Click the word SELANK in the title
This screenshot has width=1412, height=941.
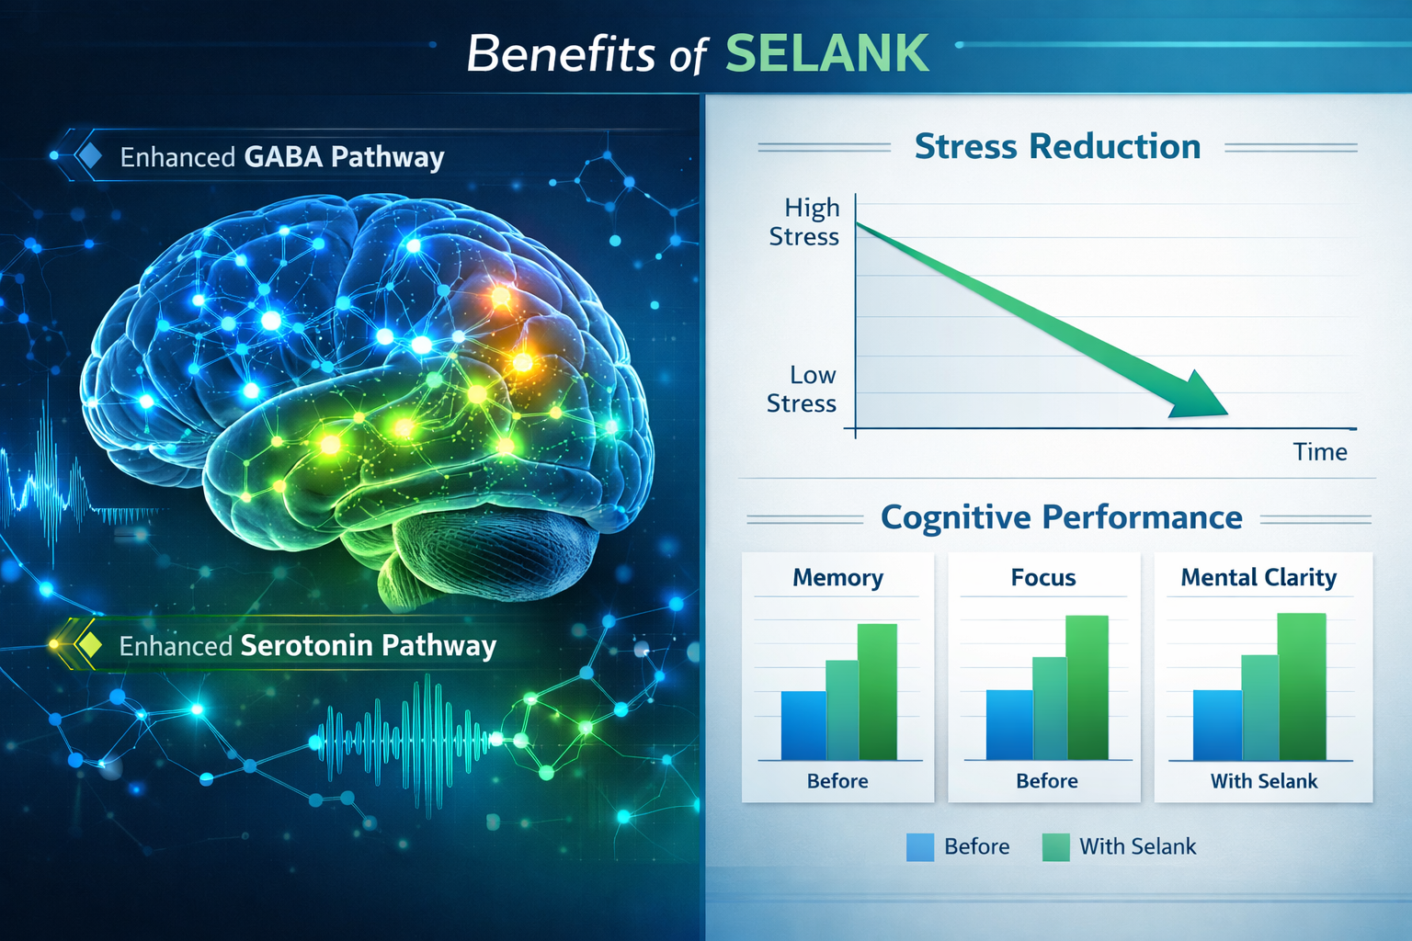click(826, 53)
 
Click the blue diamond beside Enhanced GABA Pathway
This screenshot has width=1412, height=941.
click(90, 155)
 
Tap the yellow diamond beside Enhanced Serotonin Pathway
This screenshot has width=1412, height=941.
click(90, 644)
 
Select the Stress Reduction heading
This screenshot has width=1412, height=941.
click(1057, 146)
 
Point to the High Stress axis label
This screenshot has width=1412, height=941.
click(805, 221)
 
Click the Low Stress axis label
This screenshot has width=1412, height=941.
click(803, 389)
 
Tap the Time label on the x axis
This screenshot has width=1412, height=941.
click(1320, 451)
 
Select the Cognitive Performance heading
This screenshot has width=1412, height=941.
click(1061, 517)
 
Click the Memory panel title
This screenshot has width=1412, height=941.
click(837, 577)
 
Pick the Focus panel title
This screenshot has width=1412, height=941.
click(1043, 577)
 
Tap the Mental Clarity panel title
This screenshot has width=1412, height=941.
click(1258, 577)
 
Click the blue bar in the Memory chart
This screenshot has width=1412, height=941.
click(803, 725)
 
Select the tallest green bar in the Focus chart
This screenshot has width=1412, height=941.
click(1087, 687)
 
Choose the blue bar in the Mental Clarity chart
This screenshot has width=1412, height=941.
click(1216, 725)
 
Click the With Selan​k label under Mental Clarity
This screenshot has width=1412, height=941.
click(1264, 781)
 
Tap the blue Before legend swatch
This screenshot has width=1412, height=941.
click(919, 846)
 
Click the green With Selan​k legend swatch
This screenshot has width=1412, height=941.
click(1055, 846)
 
